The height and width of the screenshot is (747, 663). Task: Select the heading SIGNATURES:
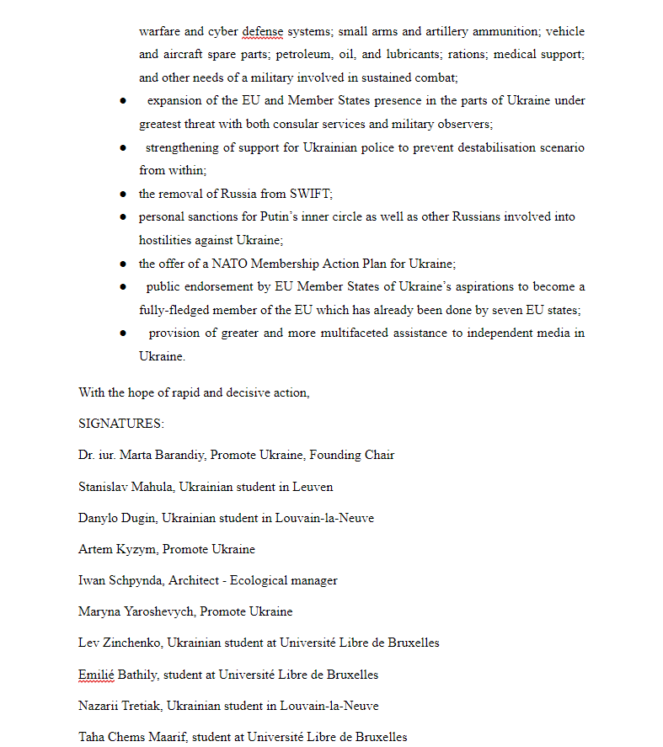tap(121, 424)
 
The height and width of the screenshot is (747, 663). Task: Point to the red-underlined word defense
tap(263, 32)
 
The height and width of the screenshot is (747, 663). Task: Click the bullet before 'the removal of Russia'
tap(122, 194)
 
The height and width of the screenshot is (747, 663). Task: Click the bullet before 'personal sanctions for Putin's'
tap(122, 217)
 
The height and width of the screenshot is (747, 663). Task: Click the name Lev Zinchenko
tap(118, 643)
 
